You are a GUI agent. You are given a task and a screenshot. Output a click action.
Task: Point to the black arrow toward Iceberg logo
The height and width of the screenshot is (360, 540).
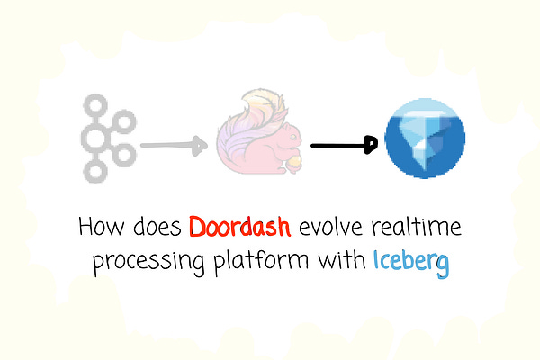point(343,144)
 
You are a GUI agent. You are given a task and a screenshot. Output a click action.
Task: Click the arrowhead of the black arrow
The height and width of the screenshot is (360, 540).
point(368,145)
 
